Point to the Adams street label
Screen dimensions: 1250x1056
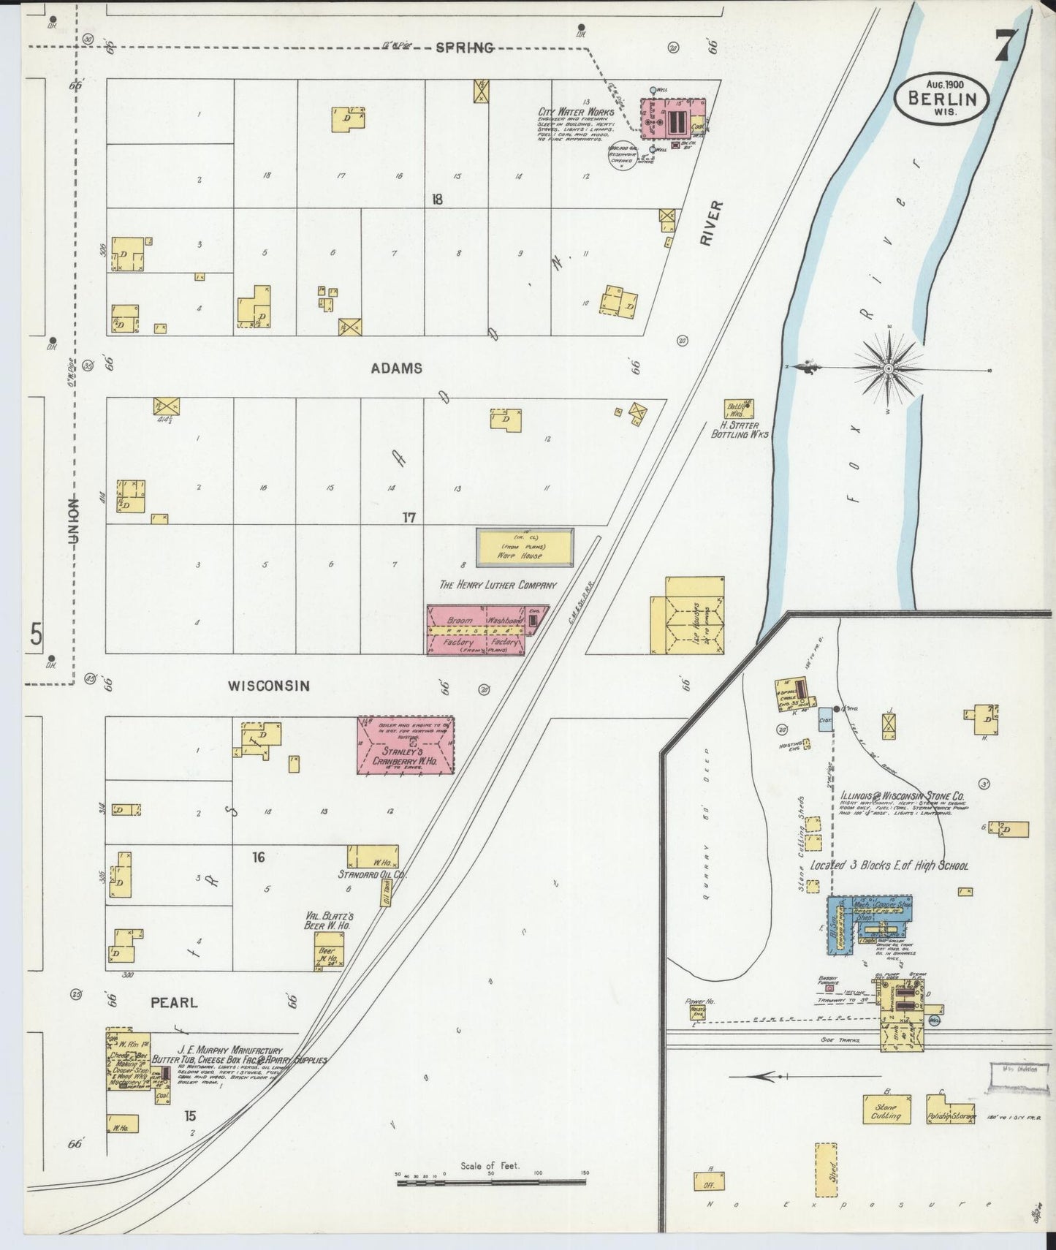click(397, 368)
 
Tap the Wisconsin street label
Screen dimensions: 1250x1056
click(269, 686)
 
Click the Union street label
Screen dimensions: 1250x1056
click(73, 520)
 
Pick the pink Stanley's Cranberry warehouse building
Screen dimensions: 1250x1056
click(406, 745)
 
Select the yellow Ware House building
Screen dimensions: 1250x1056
click(525, 548)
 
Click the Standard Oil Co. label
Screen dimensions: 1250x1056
click(372, 874)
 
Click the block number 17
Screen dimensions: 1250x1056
click(409, 518)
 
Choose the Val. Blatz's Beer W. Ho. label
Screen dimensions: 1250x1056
click(329, 920)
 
